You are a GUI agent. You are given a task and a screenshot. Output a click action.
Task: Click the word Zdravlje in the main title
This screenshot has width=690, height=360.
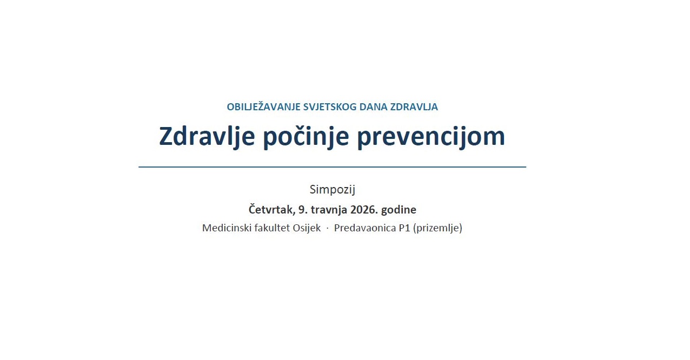(x=207, y=137)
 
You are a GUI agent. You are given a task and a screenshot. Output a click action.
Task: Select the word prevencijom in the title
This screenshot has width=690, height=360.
(x=430, y=137)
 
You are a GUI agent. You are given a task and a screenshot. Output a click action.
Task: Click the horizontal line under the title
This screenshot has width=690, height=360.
(x=332, y=167)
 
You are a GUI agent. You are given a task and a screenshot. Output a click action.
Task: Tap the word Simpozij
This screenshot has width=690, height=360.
(x=332, y=190)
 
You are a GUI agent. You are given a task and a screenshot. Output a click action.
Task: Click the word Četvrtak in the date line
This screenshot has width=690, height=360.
(x=271, y=210)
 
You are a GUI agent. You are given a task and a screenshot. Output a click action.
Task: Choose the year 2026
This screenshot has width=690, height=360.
(x=367, y=210)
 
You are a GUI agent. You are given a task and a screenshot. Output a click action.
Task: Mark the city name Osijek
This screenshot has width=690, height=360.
(x=307, y=228)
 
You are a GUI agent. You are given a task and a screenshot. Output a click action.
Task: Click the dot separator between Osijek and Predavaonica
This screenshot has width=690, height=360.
(x=327, y=229)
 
